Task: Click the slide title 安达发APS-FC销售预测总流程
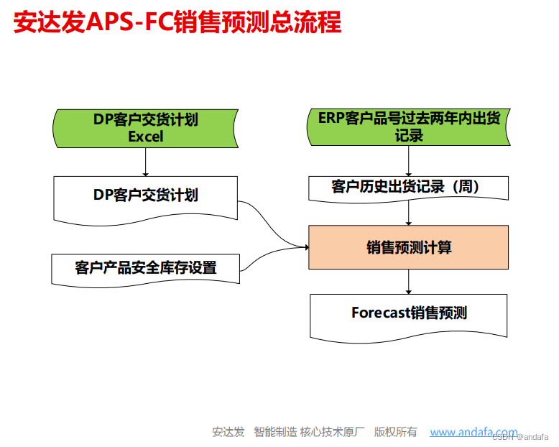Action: pyautogui.click(x=177, y=22)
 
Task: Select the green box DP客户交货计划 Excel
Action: pyautogui.click(x=145, y=128)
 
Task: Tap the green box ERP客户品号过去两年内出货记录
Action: pyautogui.click(x=409, y=126)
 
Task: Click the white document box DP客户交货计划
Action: pyautogui.click(x=145, y=195)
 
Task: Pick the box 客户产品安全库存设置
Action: pyautogui.click(x=145, y=268)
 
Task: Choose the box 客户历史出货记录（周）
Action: pyautogui.click(x=409, y=188)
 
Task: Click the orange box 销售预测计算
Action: pyautogui.click(x=409, y=247)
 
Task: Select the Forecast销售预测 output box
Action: pyautogui.click(x=409, y=313)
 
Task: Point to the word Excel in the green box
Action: pyautogui.click(x=146, y=136)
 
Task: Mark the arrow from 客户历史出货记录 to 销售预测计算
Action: pyautogui.click(x=409, y=213)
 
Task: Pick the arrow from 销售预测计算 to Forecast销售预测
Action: pyautogui.click(x=409, y=282)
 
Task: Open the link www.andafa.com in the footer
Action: pyautogui.click(x=473, y=432)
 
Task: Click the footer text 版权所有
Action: pyautogui.click(x=396, y=432)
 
